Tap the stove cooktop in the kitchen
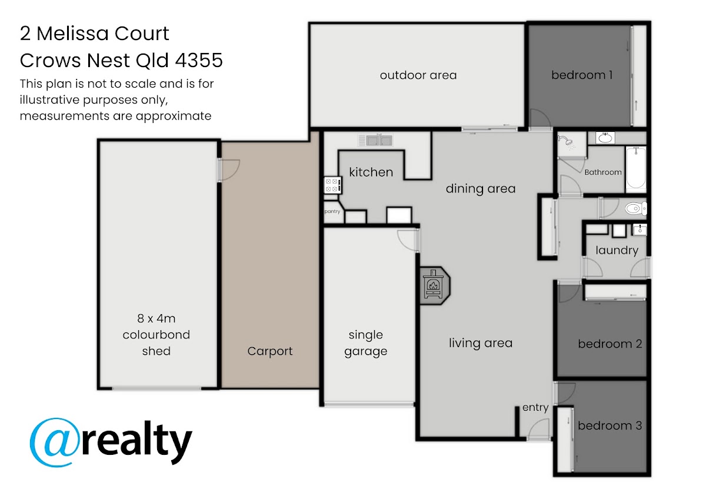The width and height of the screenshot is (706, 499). [x=332, y=185]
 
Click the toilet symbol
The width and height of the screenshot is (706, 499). [x=636, y=208]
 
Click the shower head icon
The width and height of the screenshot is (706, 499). [x=566, y=142]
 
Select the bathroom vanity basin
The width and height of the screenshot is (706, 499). [x=605, y=138]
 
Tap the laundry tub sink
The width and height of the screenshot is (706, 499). [x=640, y=230]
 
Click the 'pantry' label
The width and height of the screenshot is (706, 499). [x=332, y=211]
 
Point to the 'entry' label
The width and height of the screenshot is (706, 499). [x=535, y=408]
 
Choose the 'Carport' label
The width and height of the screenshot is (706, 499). [x=270, y=351]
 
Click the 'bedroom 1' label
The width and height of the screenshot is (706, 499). [x=582, y=75]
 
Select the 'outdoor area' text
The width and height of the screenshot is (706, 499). [x=418, y=75]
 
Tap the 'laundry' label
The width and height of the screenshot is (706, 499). [x=617, y=250]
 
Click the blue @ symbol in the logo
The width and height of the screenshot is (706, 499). [x=54, y=443]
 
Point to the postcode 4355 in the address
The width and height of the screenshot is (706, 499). [x=199, y=60]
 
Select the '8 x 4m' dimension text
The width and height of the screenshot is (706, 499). [x=156, y=318]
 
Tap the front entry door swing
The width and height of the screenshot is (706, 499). [x=539, y=429]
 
